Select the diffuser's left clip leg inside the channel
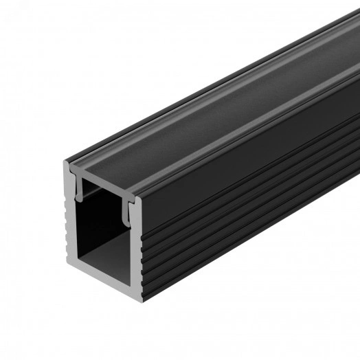[x=83, y=194]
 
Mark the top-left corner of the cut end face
[x=66, y=164]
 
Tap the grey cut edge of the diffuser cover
[x=103, y=183]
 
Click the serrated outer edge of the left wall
[x=67, y=227]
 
